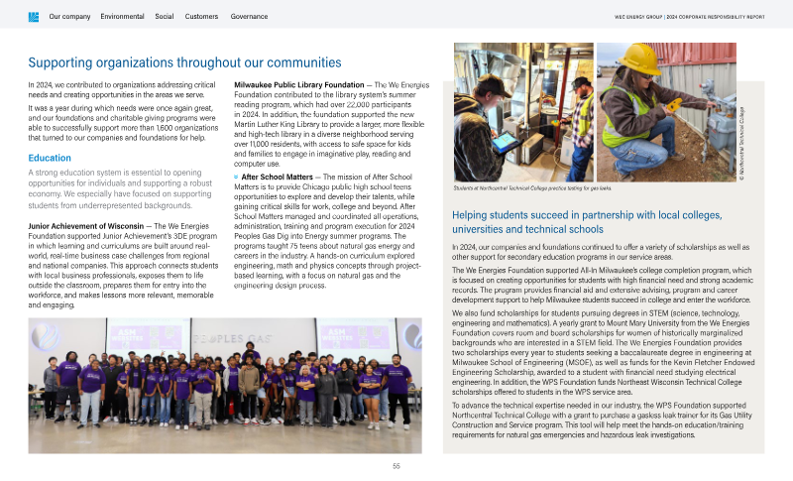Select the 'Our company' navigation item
point(69,17)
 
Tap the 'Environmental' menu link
point(122,17)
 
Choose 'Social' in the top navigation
point(165,17)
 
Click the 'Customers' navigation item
point(202,17)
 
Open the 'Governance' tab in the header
point(248,17)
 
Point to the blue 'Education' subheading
point(50,158)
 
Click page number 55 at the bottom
point(396,465)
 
